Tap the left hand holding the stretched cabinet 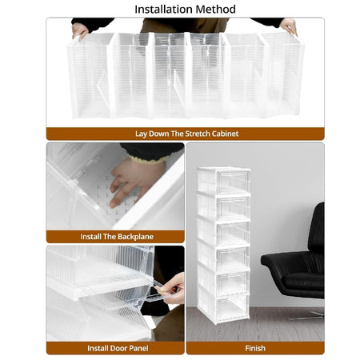pos(79,30)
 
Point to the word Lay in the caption pos(141,134)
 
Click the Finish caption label pos(255,348)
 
